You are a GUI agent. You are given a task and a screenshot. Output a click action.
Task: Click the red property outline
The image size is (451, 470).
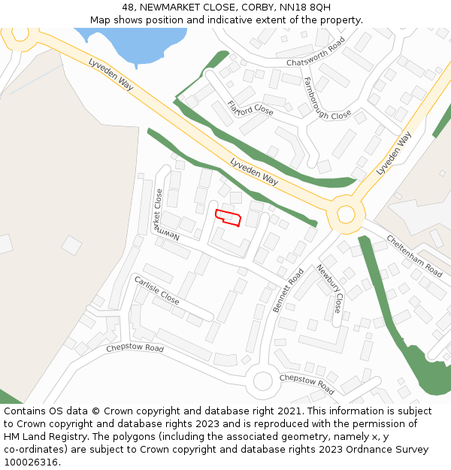tap(229, 218)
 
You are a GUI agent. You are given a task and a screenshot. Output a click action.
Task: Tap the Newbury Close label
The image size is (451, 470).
tap(328, 289)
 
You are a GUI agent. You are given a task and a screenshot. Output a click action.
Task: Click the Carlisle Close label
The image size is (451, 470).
tap(156, 290)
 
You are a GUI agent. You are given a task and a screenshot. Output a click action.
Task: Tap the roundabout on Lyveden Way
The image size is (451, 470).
tap(345, 214)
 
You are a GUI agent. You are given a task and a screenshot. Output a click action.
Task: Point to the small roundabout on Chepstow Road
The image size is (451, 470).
tap(262, 381)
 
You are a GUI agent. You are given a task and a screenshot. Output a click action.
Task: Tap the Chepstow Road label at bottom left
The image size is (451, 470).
tap(135, 348)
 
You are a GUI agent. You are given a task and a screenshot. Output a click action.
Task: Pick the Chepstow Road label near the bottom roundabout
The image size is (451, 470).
tap(307, 384)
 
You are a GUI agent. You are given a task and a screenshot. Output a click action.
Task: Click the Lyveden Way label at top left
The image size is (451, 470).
tap(110, 74)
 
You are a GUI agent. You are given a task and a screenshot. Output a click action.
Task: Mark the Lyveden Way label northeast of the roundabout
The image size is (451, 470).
tap(394, 154)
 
